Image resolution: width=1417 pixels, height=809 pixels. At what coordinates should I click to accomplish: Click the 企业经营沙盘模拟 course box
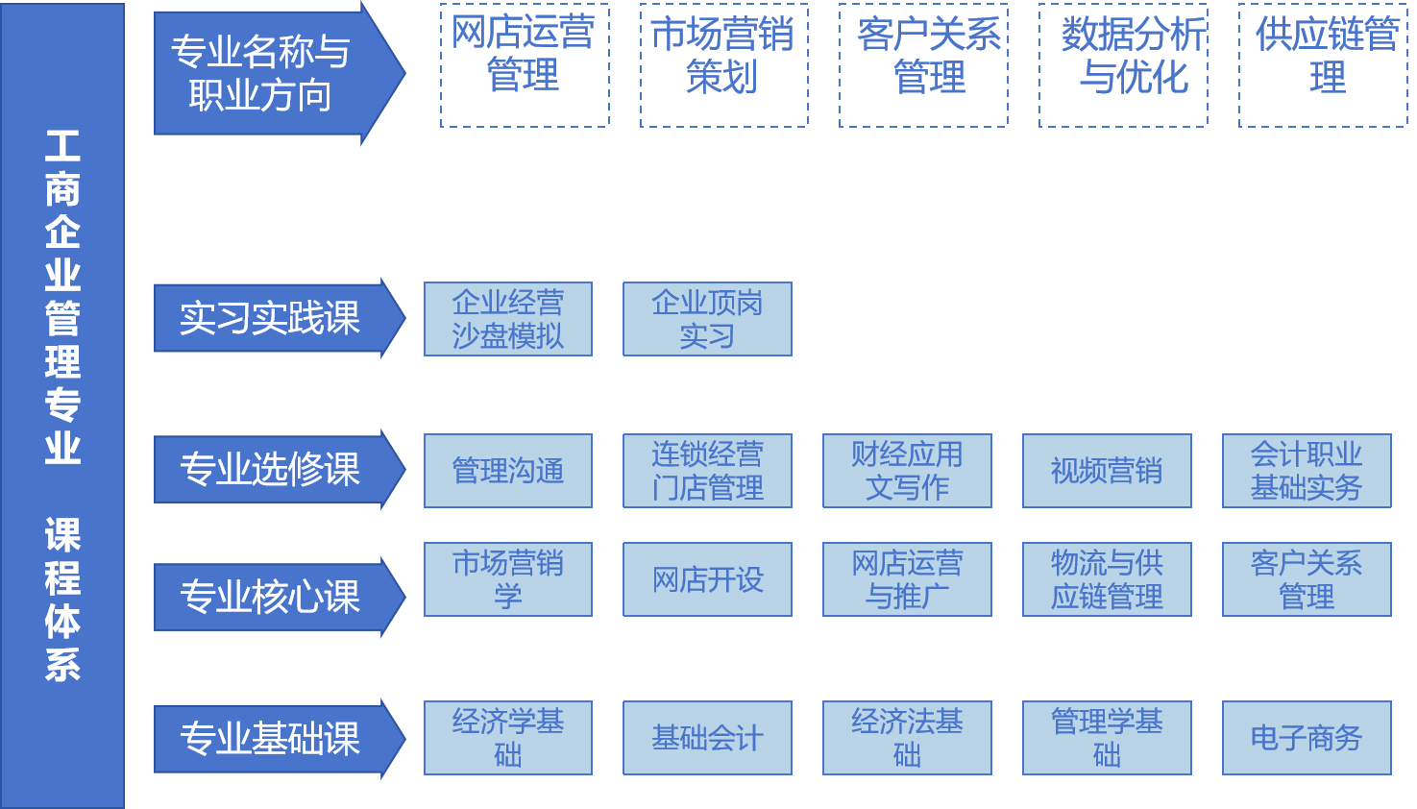click(507, 319)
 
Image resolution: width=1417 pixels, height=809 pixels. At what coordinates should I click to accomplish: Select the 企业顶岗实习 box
click(707, 319)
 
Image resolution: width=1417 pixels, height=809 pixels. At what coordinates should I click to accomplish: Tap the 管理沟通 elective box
click(507, 471)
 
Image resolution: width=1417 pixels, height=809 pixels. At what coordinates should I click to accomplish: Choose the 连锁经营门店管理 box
click(707, 471)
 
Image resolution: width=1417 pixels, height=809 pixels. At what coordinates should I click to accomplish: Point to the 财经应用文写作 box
click(907, 471)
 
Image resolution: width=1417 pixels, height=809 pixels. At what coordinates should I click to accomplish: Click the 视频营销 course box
click(1107, 471)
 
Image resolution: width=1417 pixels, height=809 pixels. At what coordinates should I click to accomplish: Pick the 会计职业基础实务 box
click(1307, 471)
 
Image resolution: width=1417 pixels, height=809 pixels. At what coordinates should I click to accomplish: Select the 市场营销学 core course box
click(507, 579)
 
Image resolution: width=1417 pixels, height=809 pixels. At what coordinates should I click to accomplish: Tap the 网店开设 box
click(707, 579)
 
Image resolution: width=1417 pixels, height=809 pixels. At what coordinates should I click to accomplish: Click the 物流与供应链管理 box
click(1107, 579)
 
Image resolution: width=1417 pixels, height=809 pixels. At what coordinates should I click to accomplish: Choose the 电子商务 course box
click(1307, 738)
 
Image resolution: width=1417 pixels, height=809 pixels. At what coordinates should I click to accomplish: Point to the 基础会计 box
click(707, 738)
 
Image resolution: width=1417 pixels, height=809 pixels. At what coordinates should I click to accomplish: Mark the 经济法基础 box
click(907, 738)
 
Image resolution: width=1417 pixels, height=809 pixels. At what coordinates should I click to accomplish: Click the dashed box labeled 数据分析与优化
click(1123, 65)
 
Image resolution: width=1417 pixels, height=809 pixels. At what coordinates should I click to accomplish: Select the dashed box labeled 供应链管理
click(1323, 65)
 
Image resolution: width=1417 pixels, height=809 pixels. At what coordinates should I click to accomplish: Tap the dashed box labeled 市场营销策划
click(723, 65)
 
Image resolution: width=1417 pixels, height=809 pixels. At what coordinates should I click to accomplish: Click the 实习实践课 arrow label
click(270, 318)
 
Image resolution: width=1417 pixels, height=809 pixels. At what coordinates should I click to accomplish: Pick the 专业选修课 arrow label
click(270, 469)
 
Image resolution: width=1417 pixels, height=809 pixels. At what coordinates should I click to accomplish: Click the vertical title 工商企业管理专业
click(62, 298)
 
